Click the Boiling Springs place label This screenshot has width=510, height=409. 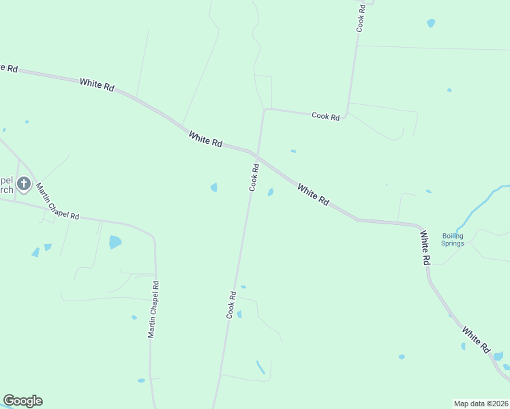452,239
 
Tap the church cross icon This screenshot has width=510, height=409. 23,183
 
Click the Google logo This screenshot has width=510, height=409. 22,401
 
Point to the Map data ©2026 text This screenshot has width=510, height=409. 481,403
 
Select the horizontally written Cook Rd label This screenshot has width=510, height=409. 325,117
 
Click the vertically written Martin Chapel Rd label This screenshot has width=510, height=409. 153,310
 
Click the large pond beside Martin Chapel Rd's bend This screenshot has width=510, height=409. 115,241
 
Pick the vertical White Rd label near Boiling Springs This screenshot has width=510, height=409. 425,247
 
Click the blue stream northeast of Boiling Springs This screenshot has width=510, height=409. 481,204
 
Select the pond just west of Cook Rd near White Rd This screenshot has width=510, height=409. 214,187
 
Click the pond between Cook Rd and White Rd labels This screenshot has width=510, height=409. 271,192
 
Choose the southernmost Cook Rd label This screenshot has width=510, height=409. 232,305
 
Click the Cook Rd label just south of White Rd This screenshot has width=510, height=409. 254,177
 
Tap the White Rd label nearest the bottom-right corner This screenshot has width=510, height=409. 476,339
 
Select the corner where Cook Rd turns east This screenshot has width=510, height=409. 265,109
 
